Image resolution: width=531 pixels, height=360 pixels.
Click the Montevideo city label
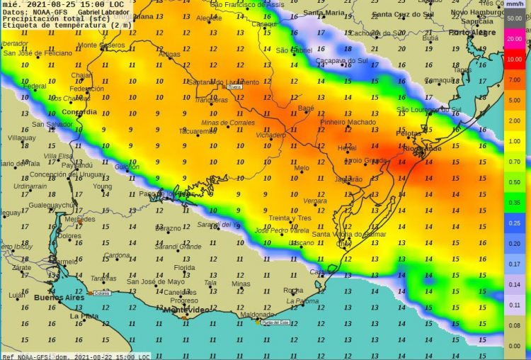[185, 310]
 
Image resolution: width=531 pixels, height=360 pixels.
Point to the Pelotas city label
[408, 133]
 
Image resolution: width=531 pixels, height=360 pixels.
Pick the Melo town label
[302, 168]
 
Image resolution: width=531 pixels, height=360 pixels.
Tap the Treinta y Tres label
[290, 218]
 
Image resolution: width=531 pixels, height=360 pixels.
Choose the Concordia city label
[79, 112]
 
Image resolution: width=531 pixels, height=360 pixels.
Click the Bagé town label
[306, 108]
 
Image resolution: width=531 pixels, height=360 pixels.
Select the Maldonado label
[257, 315]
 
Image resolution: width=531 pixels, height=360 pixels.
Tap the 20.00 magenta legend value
[515, 40]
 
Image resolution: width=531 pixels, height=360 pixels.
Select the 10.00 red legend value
[515, 60]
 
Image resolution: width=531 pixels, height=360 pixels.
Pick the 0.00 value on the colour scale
[515, 346]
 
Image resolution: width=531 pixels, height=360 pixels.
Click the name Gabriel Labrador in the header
[104, 12]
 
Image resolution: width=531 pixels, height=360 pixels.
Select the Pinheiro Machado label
[348, 122]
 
